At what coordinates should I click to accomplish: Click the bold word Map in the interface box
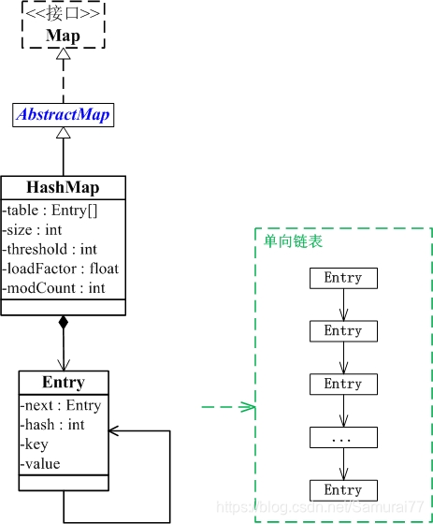click(x=64, y=36)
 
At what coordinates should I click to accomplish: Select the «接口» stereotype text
click(x=64, y=14)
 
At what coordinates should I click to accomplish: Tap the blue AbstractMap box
click(x=64, y=115)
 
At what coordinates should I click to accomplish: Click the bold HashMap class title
click(x=63, y=187)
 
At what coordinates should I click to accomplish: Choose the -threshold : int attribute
click(x=51, y=249)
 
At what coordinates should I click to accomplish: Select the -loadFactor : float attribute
click(x=60, y=269)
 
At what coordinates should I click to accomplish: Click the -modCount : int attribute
click(x=54, y=288)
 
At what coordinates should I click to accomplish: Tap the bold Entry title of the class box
click(x=64, y=382)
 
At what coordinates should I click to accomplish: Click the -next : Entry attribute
click(x=60, y=405)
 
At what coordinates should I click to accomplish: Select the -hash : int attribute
click(x=52, y=425)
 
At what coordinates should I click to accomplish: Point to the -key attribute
click(x=36, y=444)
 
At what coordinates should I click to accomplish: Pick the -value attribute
click(x=40, y=464)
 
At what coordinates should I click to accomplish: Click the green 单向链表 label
click(x=294, y=241)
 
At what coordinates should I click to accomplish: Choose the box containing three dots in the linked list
click(x=343, y=438)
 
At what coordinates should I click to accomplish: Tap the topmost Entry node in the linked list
click(x=343, y=278)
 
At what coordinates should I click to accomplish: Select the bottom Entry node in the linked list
click(x=343, y=490)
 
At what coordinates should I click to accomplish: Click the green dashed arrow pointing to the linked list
click(x=228, y=407)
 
